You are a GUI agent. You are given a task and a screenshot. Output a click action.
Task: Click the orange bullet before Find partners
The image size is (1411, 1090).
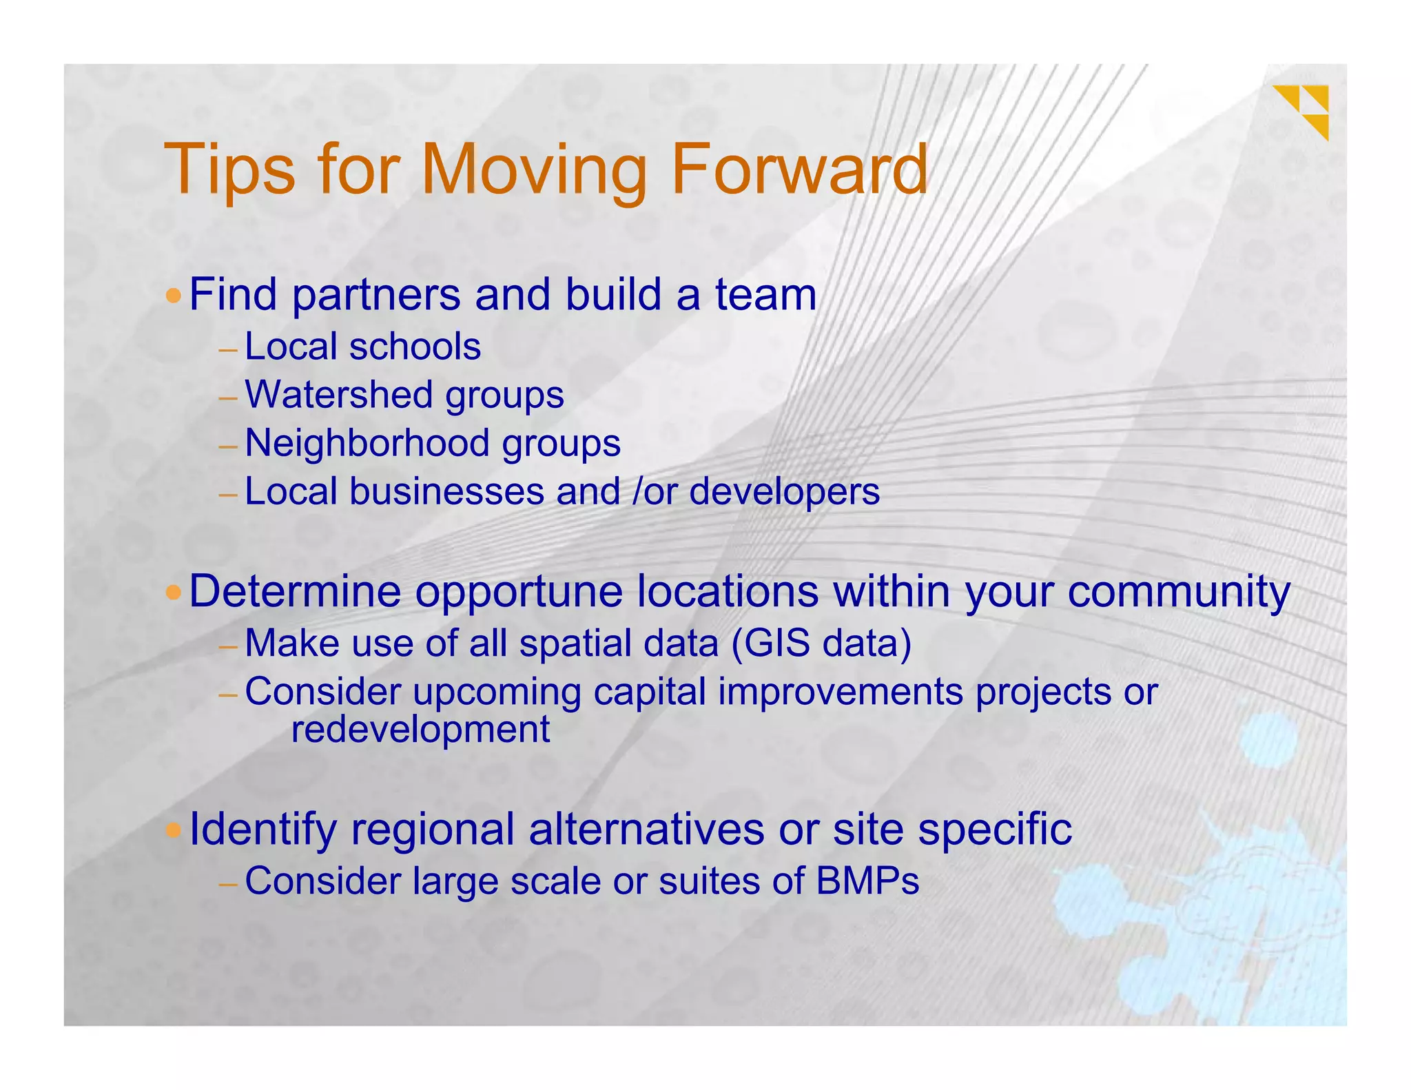[174, 297]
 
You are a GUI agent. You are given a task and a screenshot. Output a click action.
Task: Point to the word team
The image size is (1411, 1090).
[765, 295]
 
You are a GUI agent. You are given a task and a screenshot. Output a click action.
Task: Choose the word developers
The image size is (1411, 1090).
[784, 493]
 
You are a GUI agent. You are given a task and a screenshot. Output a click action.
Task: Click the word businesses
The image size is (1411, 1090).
[446, 492]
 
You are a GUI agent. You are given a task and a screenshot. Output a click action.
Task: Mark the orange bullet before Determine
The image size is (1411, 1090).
[174, 593]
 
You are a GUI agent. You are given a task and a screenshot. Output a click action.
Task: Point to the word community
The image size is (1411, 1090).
[1178, 593]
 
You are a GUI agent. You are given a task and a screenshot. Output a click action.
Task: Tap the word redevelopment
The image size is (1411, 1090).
[420, 730]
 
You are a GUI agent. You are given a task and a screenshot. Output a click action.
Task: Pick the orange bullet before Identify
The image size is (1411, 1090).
[174, 830]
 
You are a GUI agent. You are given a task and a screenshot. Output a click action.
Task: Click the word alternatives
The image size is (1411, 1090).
[646, 829]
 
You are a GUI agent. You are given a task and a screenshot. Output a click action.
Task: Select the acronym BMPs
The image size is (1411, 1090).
[867, 881]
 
